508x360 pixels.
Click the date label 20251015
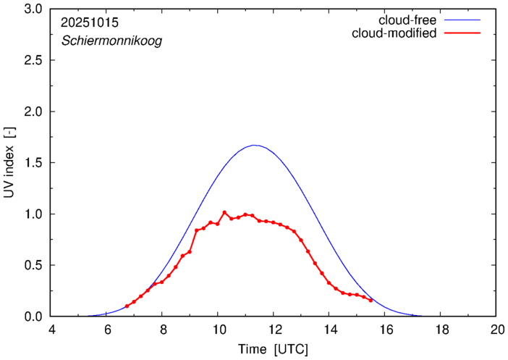click(90, 22)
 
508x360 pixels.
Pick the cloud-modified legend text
click(394, 33)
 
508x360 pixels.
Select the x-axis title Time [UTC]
click(274, 349)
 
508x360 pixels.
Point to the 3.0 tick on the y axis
click(33, 9)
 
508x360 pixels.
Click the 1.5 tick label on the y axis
click(33, 163)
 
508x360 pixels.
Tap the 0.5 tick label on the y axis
click(33, 265)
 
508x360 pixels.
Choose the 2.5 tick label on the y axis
click(33, 61)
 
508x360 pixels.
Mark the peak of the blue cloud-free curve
click(254, 145)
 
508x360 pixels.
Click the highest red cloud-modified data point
click(224, 212)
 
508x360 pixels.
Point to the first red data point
click(127, 306)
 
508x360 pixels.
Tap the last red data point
click(371, 300)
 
